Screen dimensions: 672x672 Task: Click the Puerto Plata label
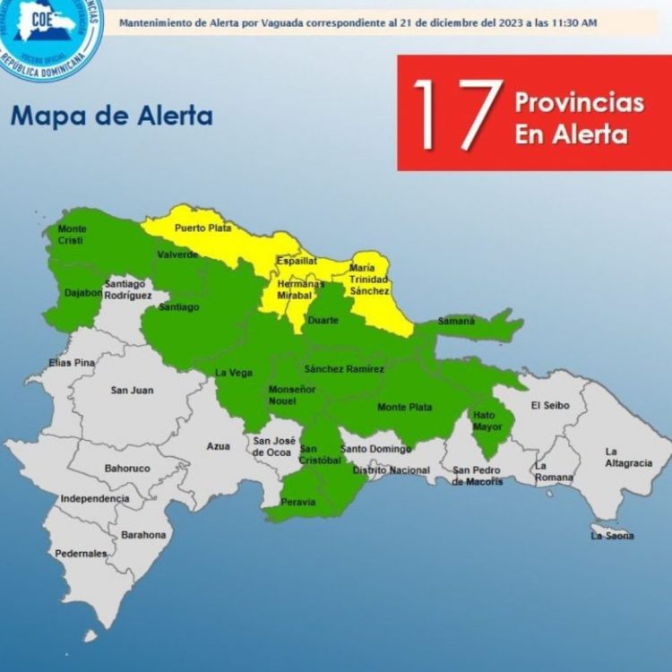202,228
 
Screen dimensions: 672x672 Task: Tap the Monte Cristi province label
73,235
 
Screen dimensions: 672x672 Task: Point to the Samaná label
456,321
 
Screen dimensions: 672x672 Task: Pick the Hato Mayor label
484,421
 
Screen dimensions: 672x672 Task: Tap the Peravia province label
300,502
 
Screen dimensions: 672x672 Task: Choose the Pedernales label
81,554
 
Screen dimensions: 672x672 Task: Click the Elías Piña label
71,363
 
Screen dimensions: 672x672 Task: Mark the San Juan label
132,390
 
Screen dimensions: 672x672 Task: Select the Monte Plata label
404,408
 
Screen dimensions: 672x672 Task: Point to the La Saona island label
612,536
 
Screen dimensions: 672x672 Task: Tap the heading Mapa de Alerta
111,116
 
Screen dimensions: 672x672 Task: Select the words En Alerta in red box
570,134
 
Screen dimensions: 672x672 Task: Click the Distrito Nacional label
391,470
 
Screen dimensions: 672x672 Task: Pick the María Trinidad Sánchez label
369,279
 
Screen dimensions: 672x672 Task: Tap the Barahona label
143,535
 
